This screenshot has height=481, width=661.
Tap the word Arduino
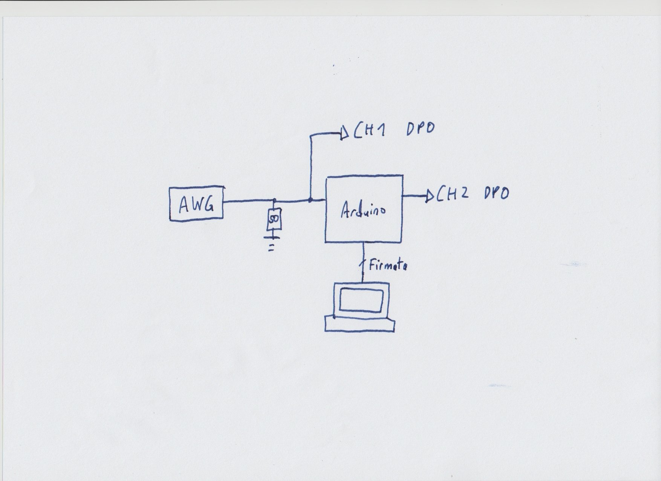pos(363,211)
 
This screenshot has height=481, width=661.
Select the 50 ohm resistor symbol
pos(274,219)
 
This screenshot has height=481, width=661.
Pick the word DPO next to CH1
pos(421,129)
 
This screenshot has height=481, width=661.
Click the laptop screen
pos(362,300)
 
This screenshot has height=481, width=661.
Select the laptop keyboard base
pos(360,324)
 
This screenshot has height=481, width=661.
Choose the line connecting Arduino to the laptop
pos(363,262)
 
